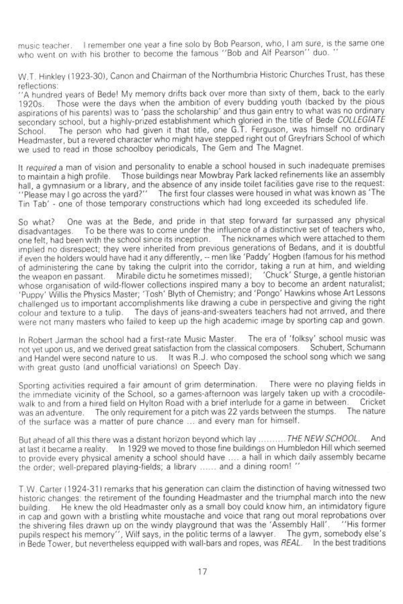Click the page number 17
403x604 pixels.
coord(201,571)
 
